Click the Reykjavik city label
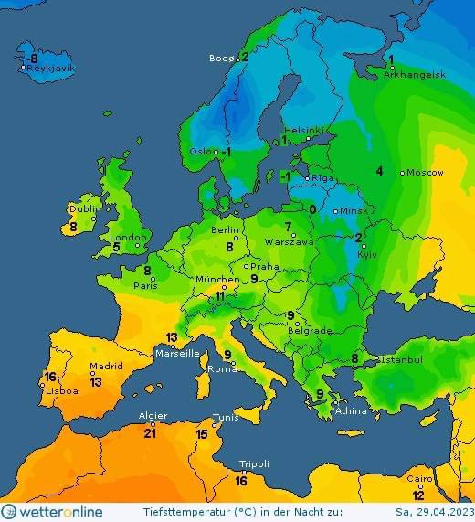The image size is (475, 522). pos(50,69)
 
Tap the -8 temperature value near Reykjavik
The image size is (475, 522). pos(32,59)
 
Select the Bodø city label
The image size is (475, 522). pos(222,58)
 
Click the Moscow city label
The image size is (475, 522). pos(425,172)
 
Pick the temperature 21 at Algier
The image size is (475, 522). pos(150,433)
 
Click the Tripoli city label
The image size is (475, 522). pos(253,464)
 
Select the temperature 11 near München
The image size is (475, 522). pos(219,296)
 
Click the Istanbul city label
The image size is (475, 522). pos(402,360)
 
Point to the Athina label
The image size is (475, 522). pos(351,410)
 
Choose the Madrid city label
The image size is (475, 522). pos(106,367)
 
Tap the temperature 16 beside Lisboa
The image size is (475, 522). pos(51,377)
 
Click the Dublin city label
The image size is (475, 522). pos(85,208)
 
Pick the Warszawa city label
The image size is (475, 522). pos(290,242)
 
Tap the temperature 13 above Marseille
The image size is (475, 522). pos(171,337)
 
